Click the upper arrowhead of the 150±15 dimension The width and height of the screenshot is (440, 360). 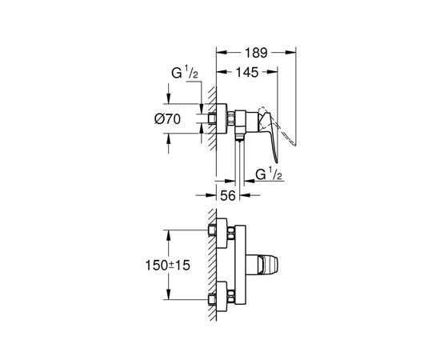(x=169, y=233)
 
